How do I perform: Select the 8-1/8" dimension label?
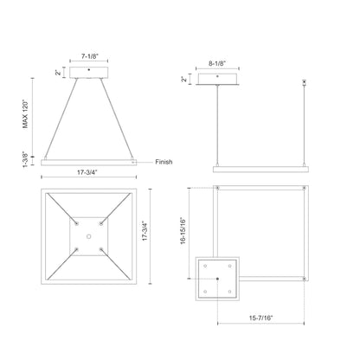click(x=218, y=63)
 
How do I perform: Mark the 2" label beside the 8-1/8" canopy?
click(x=184, y=79)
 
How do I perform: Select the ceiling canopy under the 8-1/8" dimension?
click(x=218, y=80)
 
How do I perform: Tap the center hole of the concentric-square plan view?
click(x=88, y=235)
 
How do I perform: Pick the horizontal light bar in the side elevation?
click(x=259, y=168)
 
